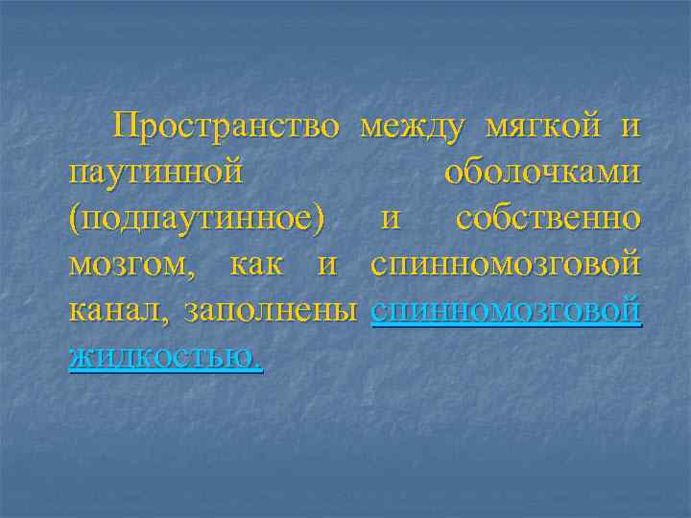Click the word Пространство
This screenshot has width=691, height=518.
226,127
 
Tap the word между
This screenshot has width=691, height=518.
414,127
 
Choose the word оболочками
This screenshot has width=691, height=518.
543,173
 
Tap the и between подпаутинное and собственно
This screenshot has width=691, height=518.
391,220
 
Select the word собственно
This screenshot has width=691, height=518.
548,219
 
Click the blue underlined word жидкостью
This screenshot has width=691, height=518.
165,358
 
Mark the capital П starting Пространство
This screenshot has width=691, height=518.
127,126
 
